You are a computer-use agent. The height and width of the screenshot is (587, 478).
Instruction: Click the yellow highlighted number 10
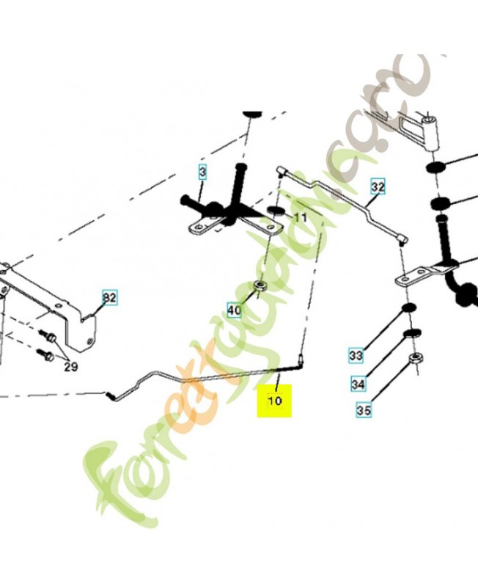(x=274, y=401)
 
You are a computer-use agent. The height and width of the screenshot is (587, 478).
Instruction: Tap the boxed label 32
(x=377, y=187)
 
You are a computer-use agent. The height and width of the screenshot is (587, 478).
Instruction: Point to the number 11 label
(x=301, y=218)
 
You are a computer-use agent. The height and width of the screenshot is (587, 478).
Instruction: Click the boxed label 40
(x=234, y=310)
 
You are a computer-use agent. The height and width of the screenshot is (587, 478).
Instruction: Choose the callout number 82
(x=109, y=298)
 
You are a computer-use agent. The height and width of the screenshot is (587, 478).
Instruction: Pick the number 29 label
(x=70, y=367)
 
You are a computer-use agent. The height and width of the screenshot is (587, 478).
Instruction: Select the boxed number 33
(x=356, y=356)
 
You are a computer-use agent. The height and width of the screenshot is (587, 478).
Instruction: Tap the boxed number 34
(x=358, y=383)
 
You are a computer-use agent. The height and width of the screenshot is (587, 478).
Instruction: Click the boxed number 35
(x=364, y=410)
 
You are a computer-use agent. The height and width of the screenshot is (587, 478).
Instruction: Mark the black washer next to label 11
(x=276, y=212)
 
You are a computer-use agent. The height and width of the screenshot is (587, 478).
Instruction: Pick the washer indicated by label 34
(x=411, y=335)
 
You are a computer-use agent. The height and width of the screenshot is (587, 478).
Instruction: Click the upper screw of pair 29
(x=50, y=336)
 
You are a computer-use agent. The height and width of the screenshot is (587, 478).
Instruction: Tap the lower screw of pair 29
(x=44, y=355)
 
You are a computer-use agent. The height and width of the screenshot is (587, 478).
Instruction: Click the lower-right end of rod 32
(x=402, y=236)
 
